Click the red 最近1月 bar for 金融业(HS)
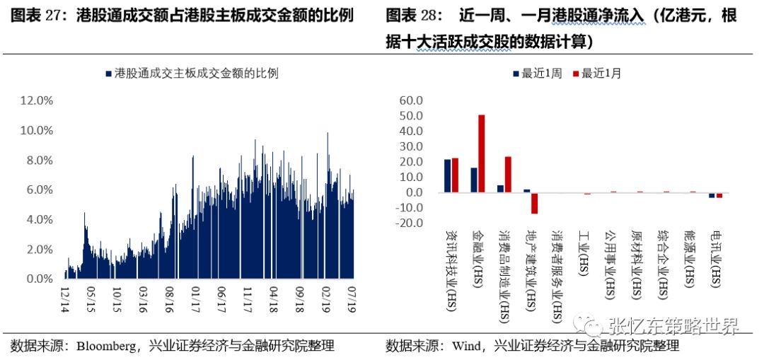click(x=482, y=153)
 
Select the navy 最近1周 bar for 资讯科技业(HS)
click(x=447, y=176)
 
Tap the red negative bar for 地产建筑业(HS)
click(x=535, y=203)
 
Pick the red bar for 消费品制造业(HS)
click(x=508, y=175)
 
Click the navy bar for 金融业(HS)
click(x=474, y=180)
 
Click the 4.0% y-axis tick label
click(x=37, y=220)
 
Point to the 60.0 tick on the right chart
click(x=411, y=100)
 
